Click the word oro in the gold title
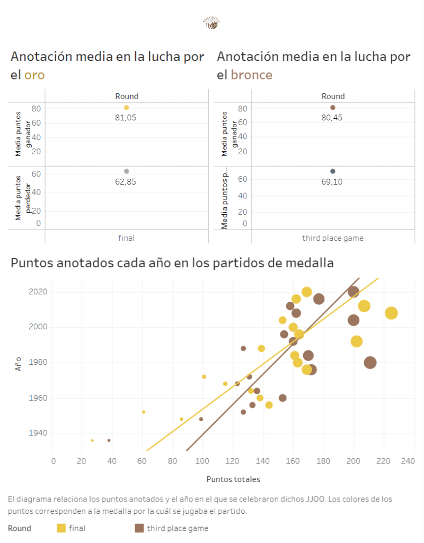(34, 75)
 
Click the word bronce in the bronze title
(251, 75)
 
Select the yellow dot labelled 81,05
(126, 108)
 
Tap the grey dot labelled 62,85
(126, 171)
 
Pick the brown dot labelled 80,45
(333, 108)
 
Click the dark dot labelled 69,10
(333, 171)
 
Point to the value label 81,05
(126, 118)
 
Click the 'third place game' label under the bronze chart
(333, 238)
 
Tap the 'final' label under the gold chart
(126, 238)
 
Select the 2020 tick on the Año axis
(38, 292)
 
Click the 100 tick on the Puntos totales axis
(202, 462)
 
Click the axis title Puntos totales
(233, 479)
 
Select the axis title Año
(19, 363)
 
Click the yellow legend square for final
(61, 528)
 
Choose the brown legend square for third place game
(139, 528)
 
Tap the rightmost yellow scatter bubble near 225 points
(391, 313)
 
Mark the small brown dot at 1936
(109, 440)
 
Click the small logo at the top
(211, 23)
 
